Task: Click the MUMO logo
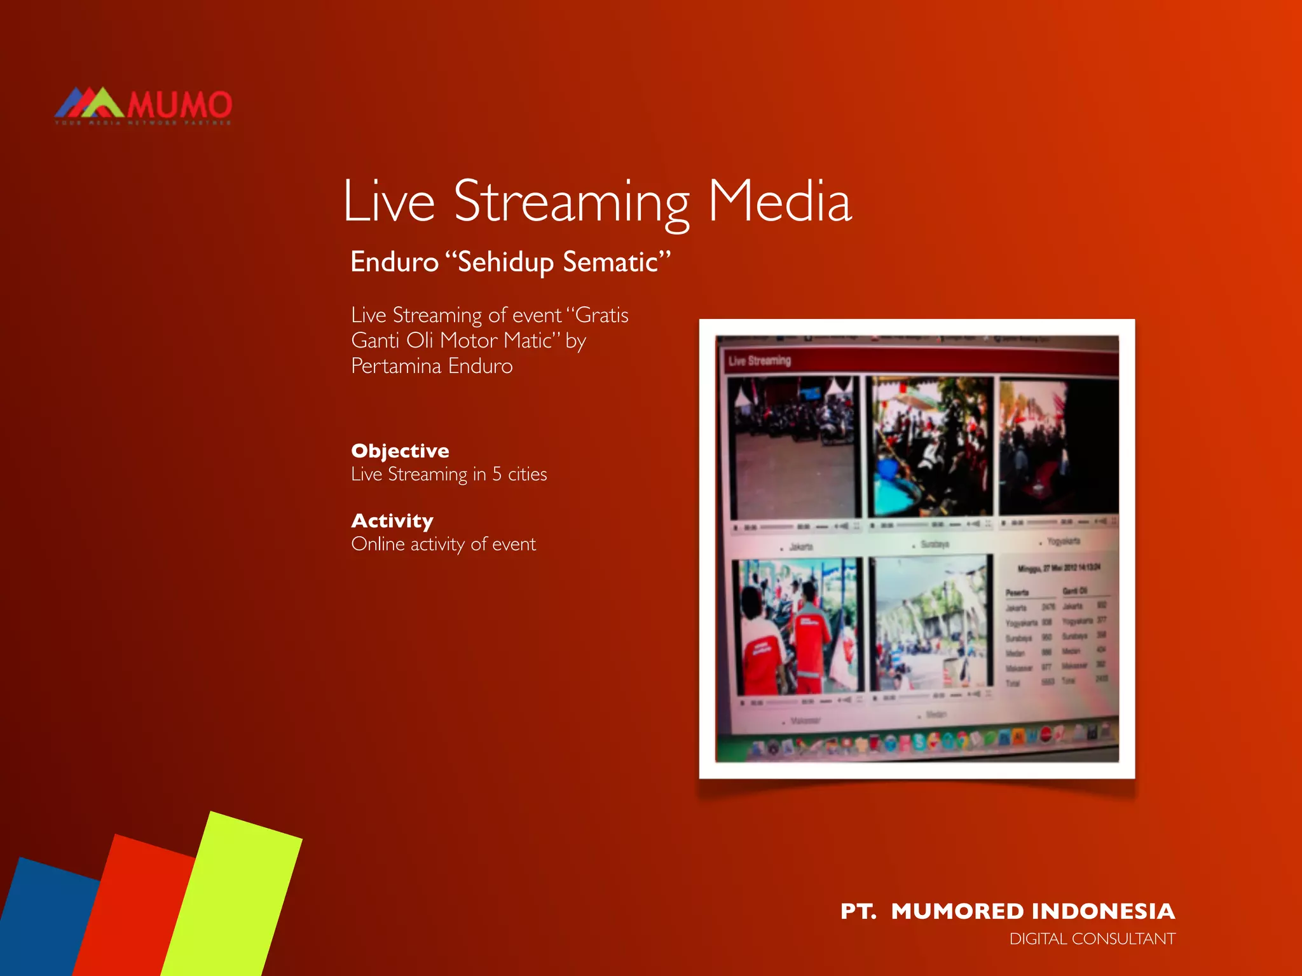coord(144,105)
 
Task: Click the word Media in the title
coord(779,201)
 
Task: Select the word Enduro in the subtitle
coord(395,262)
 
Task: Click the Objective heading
coord(400,451)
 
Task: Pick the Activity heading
coord(392,520)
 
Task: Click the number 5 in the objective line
coord(497,474)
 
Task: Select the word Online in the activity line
coord(378,544)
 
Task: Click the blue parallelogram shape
coord(45,921)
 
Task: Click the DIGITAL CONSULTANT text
coord(1092,939)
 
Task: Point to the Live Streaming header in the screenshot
coord(760,361)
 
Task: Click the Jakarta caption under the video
coord(800,546)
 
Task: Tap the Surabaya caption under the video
coord(935,545)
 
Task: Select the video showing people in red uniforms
coord(797,626)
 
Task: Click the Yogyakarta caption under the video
coord(1063,541)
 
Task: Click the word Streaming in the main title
coord(571,201)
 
